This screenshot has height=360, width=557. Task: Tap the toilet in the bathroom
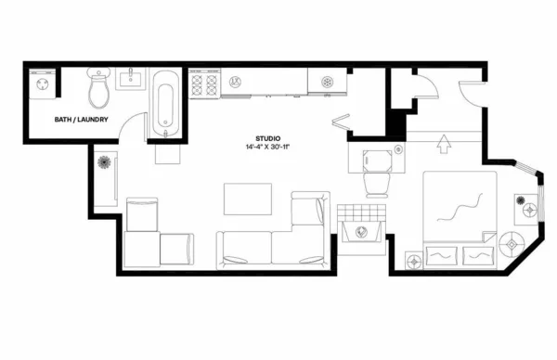(x=98, y=90)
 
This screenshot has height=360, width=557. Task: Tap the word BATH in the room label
(x=63, y=120)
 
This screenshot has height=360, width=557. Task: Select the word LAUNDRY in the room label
(x=93, y=120)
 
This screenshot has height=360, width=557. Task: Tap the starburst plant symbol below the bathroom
(x=103, y=163)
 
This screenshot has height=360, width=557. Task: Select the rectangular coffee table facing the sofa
(x=248, y=199)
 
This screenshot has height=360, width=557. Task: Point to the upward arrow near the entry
(x=443, y=143)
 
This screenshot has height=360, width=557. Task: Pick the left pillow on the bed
(x=440, y=251)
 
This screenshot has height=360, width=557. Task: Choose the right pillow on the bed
(x=477, y=251)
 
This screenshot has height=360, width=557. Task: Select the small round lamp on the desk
(x=398, y=148)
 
